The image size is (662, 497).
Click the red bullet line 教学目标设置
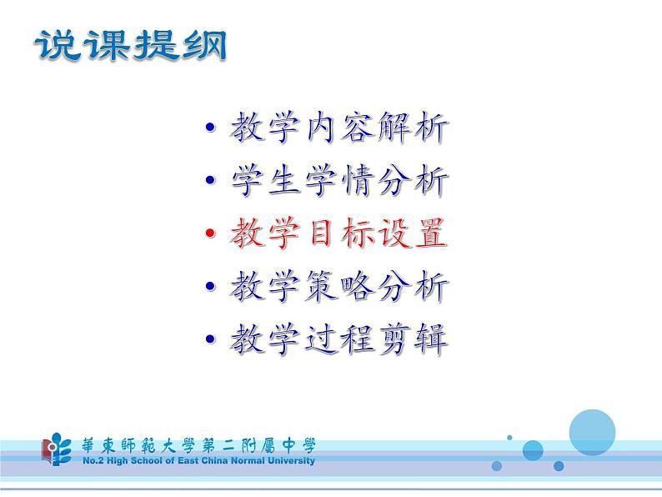(339, 233)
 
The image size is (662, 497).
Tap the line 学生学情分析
(339, 181)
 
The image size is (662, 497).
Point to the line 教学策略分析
(339, 287)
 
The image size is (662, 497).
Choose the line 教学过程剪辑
(339, 339)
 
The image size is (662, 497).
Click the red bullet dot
(210, 235)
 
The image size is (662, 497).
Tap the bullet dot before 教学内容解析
(210, 129)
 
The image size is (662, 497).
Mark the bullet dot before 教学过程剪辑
(210, 341)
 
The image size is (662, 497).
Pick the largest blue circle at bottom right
(592, 432)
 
